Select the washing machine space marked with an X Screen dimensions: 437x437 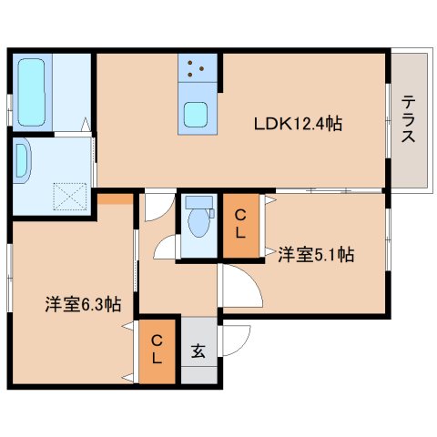click(x=69, y=196)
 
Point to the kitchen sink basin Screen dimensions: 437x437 click(x=198, y=115)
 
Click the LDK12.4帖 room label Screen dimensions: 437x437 click(x=298, y=123)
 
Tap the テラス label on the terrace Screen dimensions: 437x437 click(x=408, y=119)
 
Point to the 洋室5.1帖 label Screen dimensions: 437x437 click(x=315, y=256)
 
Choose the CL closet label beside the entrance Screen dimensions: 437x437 click(x=157, y=350)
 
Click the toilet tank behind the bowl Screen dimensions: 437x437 click(x=196, y=203)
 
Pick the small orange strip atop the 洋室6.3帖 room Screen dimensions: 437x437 click(x=114, y=198)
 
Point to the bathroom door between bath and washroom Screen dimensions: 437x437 click(x=89, y=127)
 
